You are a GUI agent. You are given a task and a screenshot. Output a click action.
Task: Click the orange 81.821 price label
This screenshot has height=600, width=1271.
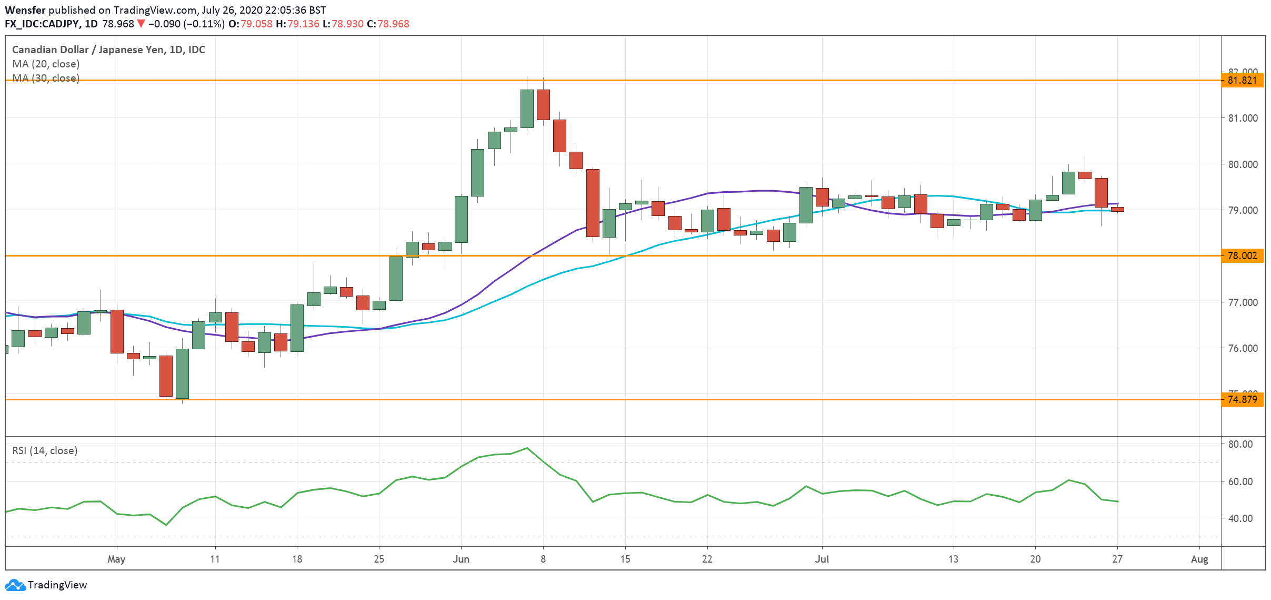1242,81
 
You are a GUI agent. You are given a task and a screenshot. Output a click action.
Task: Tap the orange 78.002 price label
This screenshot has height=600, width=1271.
1242,256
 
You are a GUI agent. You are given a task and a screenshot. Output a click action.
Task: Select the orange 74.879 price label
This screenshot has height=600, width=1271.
1242,399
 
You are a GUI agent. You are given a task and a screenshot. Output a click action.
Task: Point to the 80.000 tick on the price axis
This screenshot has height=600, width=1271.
1243,164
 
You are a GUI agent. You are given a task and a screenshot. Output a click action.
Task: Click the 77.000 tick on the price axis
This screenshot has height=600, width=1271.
1243,302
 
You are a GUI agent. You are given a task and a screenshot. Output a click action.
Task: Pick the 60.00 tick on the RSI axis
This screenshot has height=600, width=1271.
1240,481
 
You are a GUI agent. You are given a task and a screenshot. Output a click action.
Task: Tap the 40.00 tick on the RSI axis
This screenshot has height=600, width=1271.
1240,518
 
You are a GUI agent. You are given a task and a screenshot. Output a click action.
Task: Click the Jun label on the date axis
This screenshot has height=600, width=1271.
461,559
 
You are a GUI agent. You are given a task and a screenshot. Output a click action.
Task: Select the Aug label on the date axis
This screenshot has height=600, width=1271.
1199,559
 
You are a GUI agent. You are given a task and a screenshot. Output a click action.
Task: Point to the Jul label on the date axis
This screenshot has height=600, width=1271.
822,559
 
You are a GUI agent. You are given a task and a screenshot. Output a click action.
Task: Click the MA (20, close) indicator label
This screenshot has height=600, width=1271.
46,64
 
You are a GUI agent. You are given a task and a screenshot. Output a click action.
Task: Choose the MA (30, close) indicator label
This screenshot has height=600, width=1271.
46,78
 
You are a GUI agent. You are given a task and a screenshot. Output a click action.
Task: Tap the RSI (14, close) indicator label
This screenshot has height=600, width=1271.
45,451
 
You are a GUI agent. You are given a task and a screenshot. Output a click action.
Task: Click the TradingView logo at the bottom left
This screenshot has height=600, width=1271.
46,585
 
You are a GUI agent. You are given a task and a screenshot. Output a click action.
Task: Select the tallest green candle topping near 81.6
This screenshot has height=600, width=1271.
527,109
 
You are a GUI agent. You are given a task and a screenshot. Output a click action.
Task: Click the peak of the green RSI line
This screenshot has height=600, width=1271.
527,448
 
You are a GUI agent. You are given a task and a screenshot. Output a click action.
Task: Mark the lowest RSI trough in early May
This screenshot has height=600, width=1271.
166,525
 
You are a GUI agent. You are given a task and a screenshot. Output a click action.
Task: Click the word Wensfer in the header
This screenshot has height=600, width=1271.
25,10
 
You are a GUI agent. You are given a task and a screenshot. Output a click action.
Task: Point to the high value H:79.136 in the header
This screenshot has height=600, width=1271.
297,24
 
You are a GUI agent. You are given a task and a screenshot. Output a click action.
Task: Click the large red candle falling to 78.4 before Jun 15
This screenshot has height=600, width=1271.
593,203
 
